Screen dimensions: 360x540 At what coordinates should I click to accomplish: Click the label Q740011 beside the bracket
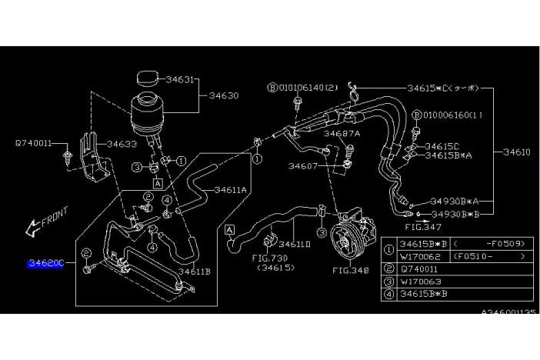(33, 142)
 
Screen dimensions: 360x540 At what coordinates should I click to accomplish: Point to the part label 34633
(122, 143)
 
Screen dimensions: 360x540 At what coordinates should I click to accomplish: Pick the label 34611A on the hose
(229, 189)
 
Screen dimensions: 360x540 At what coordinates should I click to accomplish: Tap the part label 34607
(305, 165)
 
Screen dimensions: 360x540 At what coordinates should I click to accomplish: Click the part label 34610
(516, 152)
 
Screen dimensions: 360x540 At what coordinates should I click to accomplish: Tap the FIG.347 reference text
(422, 227)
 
